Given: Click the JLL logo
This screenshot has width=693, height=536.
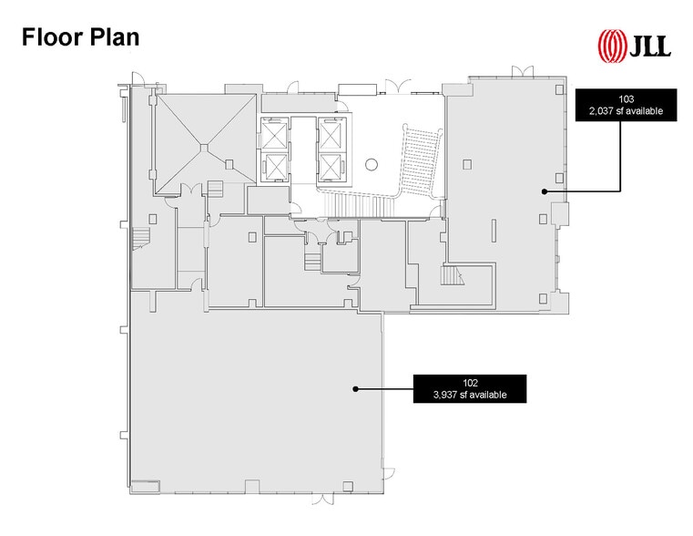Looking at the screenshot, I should point(634,44).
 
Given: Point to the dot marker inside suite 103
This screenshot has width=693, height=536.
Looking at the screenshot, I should point(545,191).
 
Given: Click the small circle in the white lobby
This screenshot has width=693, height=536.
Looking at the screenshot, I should point(371,164).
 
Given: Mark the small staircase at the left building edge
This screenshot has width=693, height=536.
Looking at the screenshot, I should point(141,241).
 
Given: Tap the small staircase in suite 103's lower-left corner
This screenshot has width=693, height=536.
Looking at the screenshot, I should point(450,274).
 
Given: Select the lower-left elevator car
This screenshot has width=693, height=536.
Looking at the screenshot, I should point(273,167).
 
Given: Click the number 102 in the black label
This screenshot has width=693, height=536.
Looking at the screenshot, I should point(470,384).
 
